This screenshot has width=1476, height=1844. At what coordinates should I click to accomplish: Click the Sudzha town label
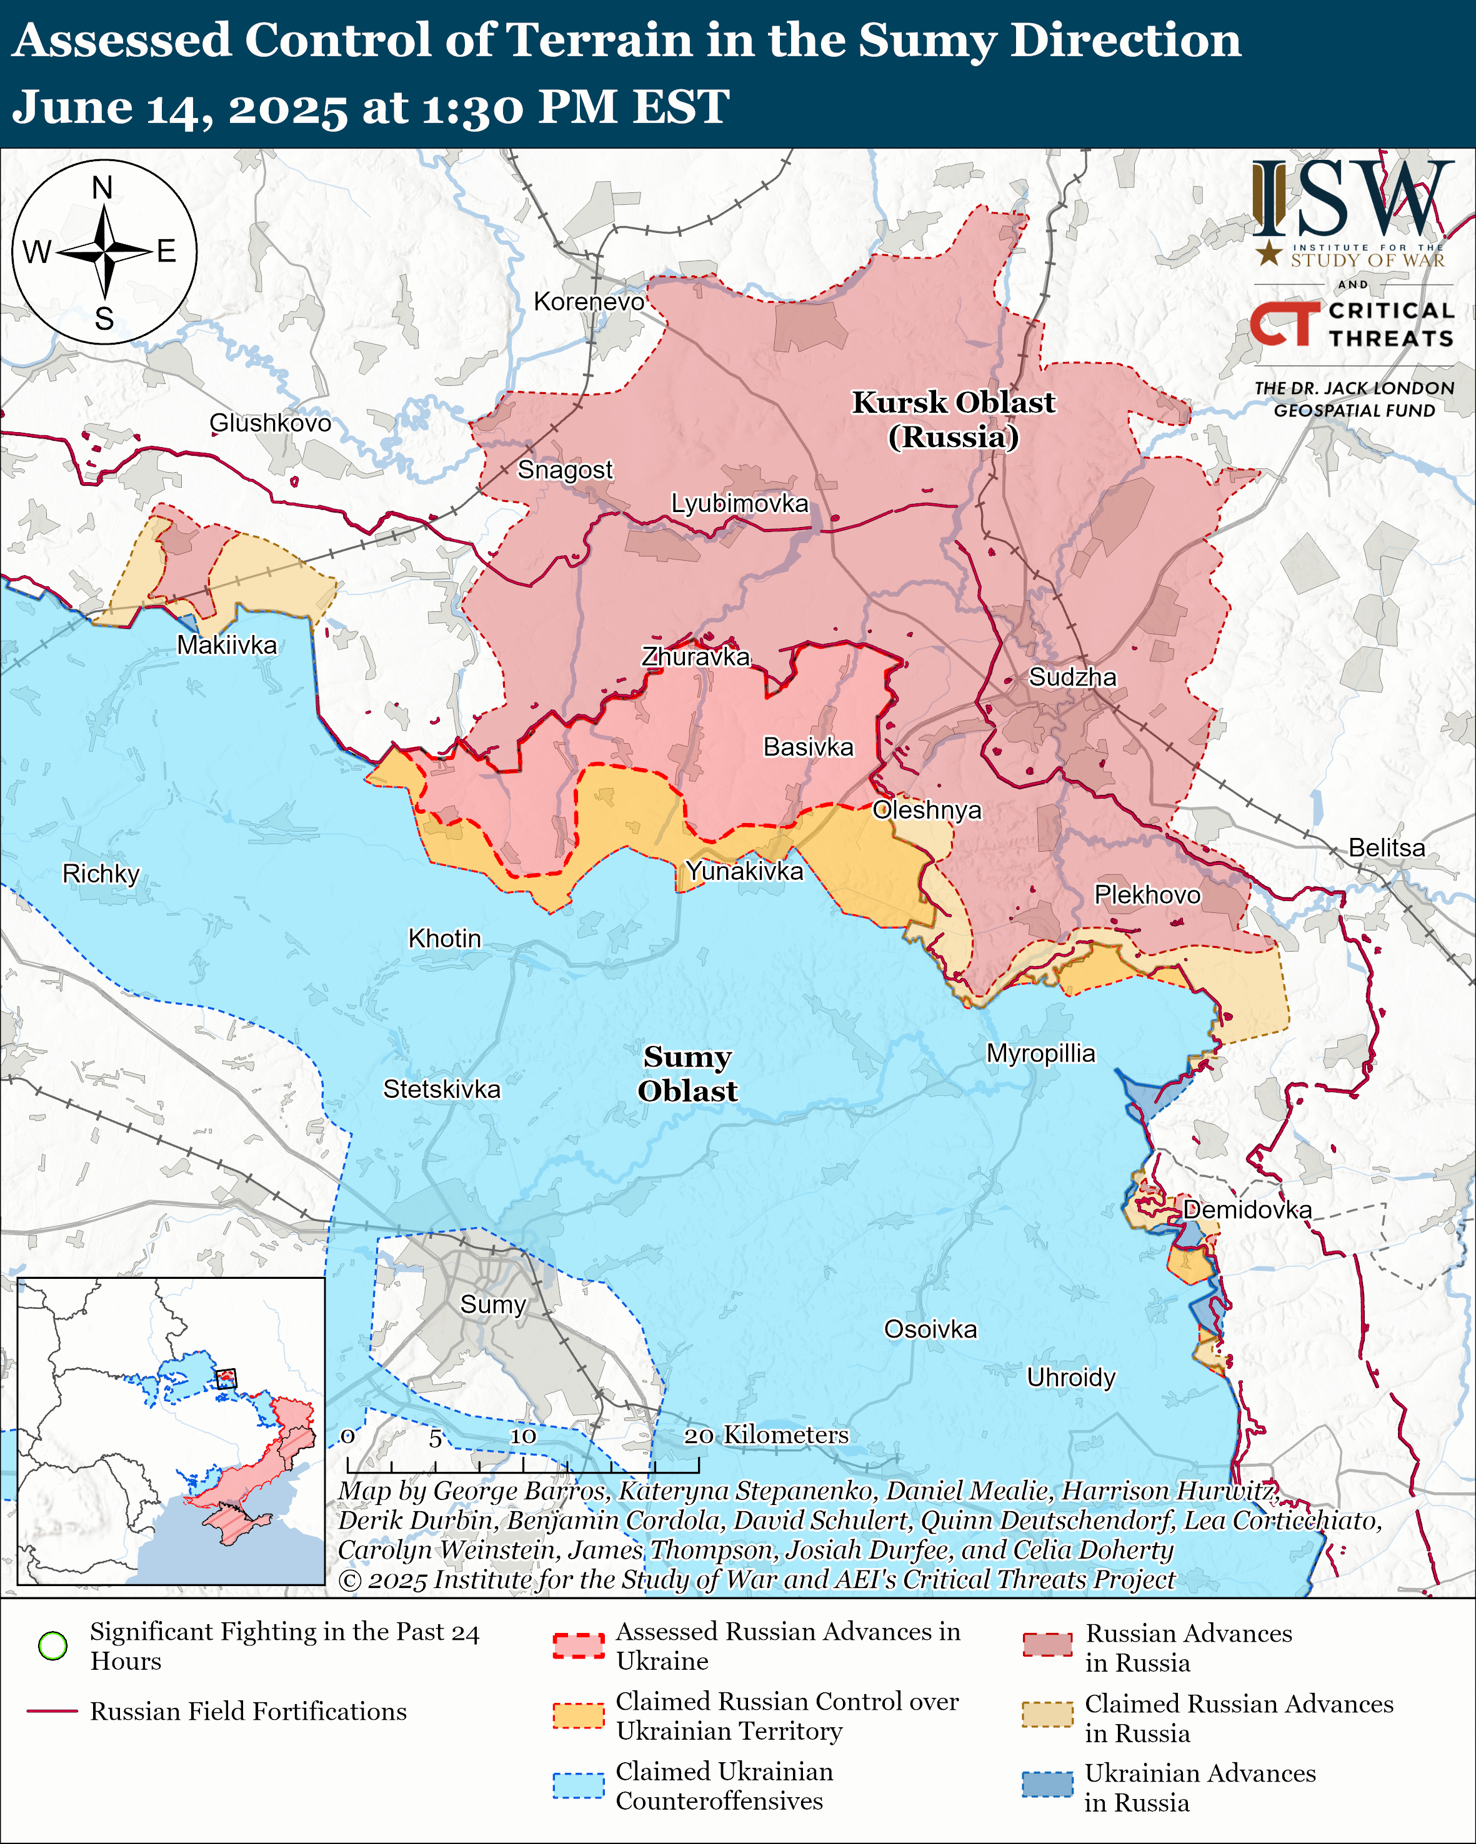pyautogui.click(x=1072, y=678)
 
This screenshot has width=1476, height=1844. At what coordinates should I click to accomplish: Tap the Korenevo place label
pyautogui.click(x=589, y=302)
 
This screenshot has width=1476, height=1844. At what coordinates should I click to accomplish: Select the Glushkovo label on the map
pyautogui.click(x=271, y=423)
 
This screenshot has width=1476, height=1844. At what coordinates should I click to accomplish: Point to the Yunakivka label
pyautogui.click(x=744, y=872)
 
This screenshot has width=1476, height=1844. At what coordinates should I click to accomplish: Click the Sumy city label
pyautogui.click(x=493, y=1304)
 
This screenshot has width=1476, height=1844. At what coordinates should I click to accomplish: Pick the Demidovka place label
pyautogui.click(x=1247, y=1210)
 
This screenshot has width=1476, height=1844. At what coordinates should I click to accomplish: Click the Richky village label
pyautogui.click(x=101, y=874)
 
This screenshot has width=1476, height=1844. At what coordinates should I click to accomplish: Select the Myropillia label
pyautogui.click(x=1040, y=1053)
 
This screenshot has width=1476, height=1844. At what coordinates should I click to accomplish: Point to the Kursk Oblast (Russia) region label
pyautogui.click(x=953, y=419)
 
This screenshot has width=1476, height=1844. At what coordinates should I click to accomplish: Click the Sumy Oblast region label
pyautogui.click(x=687, y=1073)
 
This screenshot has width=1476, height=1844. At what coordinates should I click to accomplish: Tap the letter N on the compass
pyautogui.click(x=102, y=187)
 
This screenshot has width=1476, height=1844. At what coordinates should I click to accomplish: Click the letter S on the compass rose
pyautogui.click(x=104, y=319)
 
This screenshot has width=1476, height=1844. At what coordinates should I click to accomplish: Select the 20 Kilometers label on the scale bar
pyautogui.click(x=766, y=1435)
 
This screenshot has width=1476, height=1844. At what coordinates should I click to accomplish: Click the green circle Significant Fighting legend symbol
pyautogui.click(x=53, y=1645)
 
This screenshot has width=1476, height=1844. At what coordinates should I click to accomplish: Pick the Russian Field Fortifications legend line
pyautogui.click(x=53, y=1712)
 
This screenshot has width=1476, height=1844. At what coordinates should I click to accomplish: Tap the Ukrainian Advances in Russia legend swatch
pyautogui.click(x=1047, y=1784)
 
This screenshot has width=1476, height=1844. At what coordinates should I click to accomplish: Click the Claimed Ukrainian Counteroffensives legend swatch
pyautogui.click(x=579, y=1786)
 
